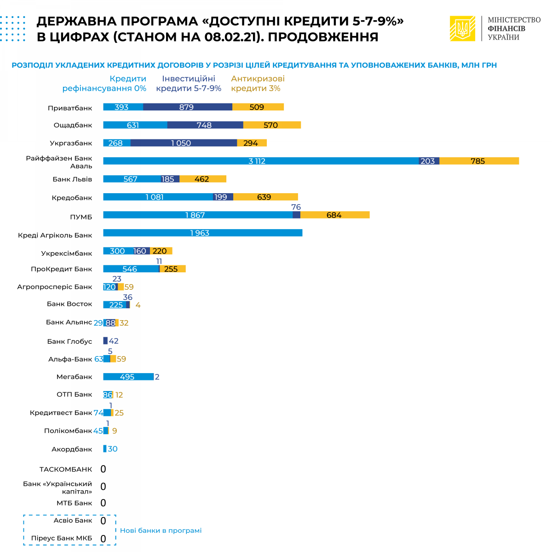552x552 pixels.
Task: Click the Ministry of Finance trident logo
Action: point(462,29)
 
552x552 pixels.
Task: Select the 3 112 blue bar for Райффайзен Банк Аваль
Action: point(261,161)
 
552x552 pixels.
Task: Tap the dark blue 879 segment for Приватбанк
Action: point(188,107)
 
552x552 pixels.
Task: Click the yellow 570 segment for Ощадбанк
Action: point(272,125)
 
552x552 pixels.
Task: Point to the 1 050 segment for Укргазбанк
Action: point(184,143)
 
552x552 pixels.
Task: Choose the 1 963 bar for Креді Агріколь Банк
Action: point(202,233)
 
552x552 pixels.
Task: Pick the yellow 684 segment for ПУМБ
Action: point(335,215)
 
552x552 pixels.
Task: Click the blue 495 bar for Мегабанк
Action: point(128,377)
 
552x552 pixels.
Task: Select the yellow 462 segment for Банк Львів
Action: point(202,179)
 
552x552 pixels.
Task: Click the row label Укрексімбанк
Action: point(66,253)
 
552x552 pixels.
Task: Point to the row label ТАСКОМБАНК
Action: point(66,470)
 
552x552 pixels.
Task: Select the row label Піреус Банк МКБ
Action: point(62,538)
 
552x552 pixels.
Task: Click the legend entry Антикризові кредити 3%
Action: point(258,84)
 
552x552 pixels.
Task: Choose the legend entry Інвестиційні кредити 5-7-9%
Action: point(189,84)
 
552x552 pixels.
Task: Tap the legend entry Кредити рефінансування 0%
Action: point(104,84)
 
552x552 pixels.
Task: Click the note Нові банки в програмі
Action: point(161,530)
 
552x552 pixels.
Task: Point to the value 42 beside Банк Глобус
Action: point(114,341)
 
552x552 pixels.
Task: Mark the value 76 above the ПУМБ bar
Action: point(296,207)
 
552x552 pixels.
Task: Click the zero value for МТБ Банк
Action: point(103,503)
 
